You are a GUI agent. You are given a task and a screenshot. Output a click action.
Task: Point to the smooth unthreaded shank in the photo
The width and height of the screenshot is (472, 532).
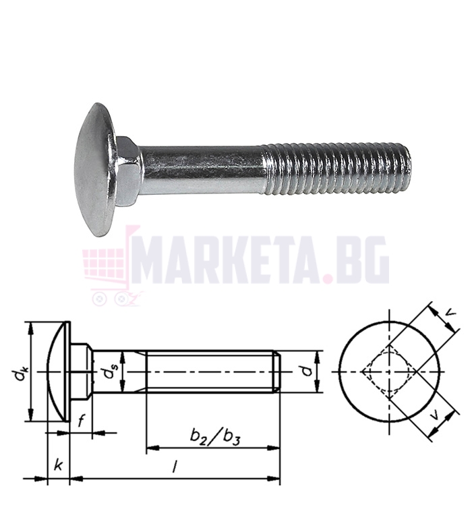tap(202, 170)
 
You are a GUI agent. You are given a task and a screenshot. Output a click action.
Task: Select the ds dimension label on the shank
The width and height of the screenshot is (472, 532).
tap(109, 373)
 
